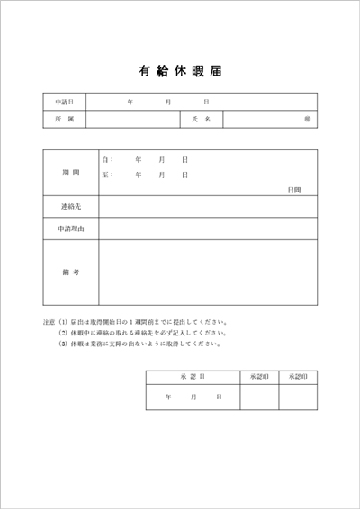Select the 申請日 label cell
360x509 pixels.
64,102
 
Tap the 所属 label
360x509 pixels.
64,119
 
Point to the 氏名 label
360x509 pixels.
201,119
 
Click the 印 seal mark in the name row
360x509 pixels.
308,119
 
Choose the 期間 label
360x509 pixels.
71,171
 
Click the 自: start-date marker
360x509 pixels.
107,159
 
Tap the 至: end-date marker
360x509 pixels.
107,174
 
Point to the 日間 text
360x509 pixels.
295,190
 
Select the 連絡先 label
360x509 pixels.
71,208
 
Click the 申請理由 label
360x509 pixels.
71,229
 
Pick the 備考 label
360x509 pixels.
71,272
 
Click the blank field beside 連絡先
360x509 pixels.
208,208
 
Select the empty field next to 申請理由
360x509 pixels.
208,229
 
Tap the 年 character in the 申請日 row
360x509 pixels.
130,102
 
